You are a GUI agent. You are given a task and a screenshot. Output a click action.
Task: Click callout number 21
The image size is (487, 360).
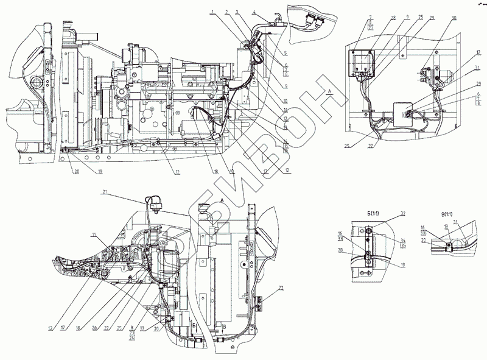(105, 192)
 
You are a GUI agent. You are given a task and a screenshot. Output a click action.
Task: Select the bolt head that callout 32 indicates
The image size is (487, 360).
(368, 232)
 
